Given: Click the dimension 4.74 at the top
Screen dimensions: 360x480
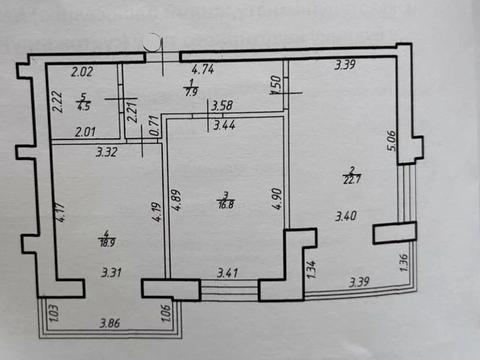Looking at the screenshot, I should pyautogui.click(x=203, y=70).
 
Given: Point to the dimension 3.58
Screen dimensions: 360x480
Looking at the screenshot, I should pyautogui.click(x=221, y=105).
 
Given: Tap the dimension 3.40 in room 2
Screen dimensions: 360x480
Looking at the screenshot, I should pyautogui.click(x=346, y=214).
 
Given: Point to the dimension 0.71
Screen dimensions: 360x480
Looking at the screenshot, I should pyautogui.click(x=154, y=127).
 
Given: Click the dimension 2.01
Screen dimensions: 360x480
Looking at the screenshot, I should pyautogui.click(x=85, y=131).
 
